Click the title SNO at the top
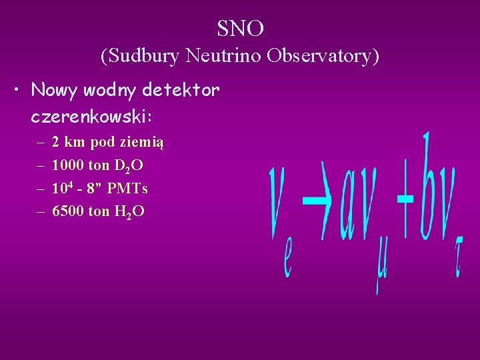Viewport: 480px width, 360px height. [240, 28]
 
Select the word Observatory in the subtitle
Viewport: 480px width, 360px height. [323, 56]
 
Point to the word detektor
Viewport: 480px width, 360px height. [181, 90]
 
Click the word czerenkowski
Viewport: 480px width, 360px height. [91, 117]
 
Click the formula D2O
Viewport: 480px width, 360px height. [129, 166]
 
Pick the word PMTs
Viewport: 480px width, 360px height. [127, 189]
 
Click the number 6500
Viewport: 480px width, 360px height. [67, 211]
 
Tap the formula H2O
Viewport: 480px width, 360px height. [129, 212]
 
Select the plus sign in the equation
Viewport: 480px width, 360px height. [404, 198]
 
